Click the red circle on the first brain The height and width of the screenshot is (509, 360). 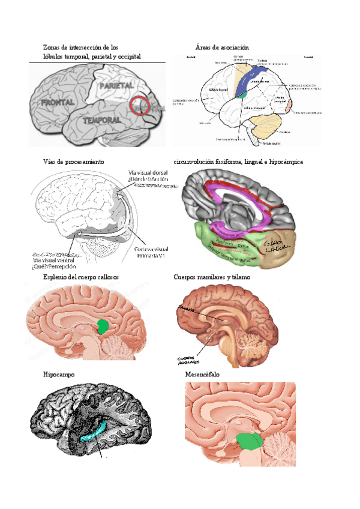[x=141, y=106]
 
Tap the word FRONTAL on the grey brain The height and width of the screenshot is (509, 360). [x=58, y=103]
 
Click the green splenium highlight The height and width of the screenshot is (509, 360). [x=103, y=327]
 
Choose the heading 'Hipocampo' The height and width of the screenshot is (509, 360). [x=58, y=374]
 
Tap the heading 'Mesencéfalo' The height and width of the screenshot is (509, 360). [x=202, y=374]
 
